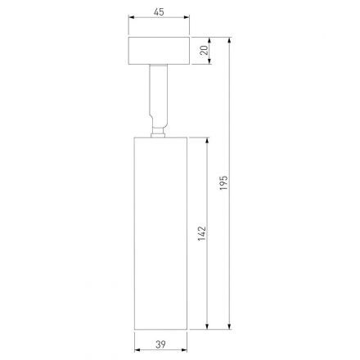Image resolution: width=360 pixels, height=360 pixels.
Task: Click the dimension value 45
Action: pos(160,11)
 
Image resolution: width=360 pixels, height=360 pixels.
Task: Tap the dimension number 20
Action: pos(205,52)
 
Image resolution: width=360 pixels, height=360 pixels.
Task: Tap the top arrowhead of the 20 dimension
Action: pos(211,38)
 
